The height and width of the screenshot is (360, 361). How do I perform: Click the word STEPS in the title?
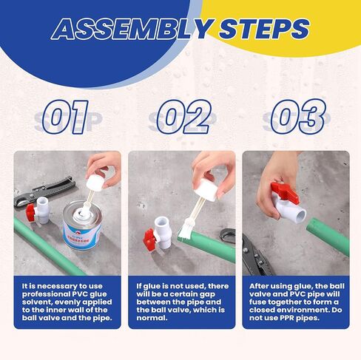[264, 29]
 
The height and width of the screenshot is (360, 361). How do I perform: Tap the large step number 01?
[65, 117]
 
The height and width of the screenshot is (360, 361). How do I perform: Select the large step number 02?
[184, 117]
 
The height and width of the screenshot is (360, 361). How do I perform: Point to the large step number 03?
[298, 116]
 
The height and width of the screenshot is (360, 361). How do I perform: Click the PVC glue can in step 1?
[82, 225]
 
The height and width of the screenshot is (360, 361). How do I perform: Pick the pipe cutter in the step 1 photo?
[43, 191]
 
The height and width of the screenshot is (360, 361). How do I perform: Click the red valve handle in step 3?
[285, 193]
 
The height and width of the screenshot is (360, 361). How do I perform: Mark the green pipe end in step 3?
[312, 226]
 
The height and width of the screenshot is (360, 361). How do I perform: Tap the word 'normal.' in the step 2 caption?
[152, 318]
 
